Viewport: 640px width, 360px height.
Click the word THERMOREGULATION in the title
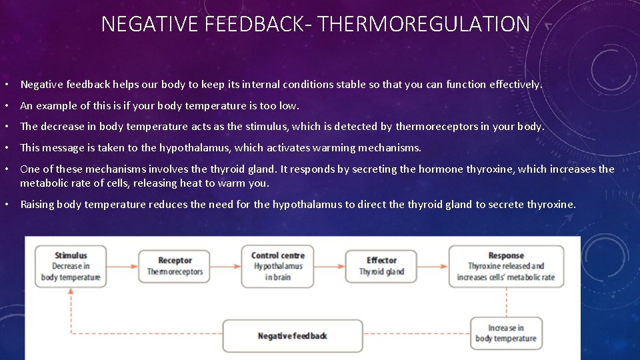[x=425, y=25]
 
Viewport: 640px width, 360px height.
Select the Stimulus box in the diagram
[x=70, y=266]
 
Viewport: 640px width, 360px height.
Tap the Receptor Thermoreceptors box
[x=175, y=266]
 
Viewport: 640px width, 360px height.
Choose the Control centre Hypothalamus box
[x=277, y=266]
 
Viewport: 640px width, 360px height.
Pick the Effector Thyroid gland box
[x=381, y=266]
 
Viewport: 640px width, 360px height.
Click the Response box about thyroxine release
[x=506, y=266]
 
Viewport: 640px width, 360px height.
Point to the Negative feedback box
[x=292, y=335]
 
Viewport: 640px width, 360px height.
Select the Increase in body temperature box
[x=505, y=333]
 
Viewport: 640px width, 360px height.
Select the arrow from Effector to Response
[x=433, y=266]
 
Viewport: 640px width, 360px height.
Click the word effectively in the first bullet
[x=515, y=85]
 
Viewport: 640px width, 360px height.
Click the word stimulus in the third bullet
[x=265, y=127]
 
